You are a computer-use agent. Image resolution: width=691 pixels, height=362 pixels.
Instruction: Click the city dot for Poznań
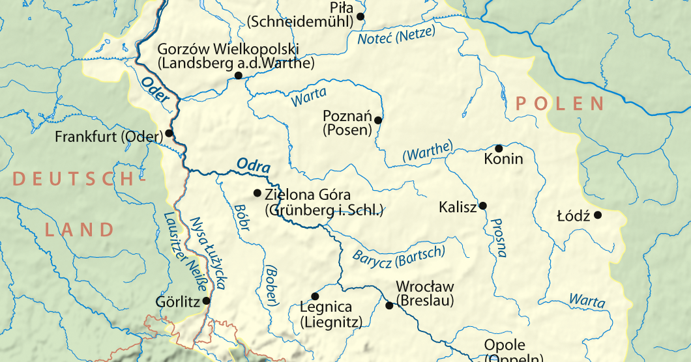(x=377, y=120)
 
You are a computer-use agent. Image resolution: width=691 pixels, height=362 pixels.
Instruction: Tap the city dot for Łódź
(x=597, y=215)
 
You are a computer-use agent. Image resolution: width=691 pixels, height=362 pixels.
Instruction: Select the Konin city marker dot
(x=499, y=148)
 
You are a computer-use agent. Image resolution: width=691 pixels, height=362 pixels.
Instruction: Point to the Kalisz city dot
(x=483, y=206)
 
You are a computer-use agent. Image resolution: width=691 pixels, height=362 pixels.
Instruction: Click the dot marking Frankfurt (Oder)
(x=169, y=133)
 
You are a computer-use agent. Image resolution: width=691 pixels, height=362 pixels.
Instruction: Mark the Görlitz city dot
(x=207, y=301)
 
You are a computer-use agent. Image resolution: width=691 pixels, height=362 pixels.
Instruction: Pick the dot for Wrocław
(x=389, y=305)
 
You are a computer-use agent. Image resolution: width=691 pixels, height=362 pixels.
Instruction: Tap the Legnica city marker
(x=315, y=296)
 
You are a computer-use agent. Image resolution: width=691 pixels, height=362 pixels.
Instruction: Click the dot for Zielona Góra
(x=257, y=193)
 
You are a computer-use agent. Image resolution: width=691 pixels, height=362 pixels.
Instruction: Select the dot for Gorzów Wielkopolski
(x=239, y=76)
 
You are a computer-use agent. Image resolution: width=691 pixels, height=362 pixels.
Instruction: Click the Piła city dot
(x=360, y=16)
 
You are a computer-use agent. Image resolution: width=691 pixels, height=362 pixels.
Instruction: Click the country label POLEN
(x=559, y=104)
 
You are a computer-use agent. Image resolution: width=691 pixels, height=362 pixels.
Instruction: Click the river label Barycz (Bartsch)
(x=398, y=257)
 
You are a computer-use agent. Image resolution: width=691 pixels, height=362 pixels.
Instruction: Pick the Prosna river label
(x=497, y=237)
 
